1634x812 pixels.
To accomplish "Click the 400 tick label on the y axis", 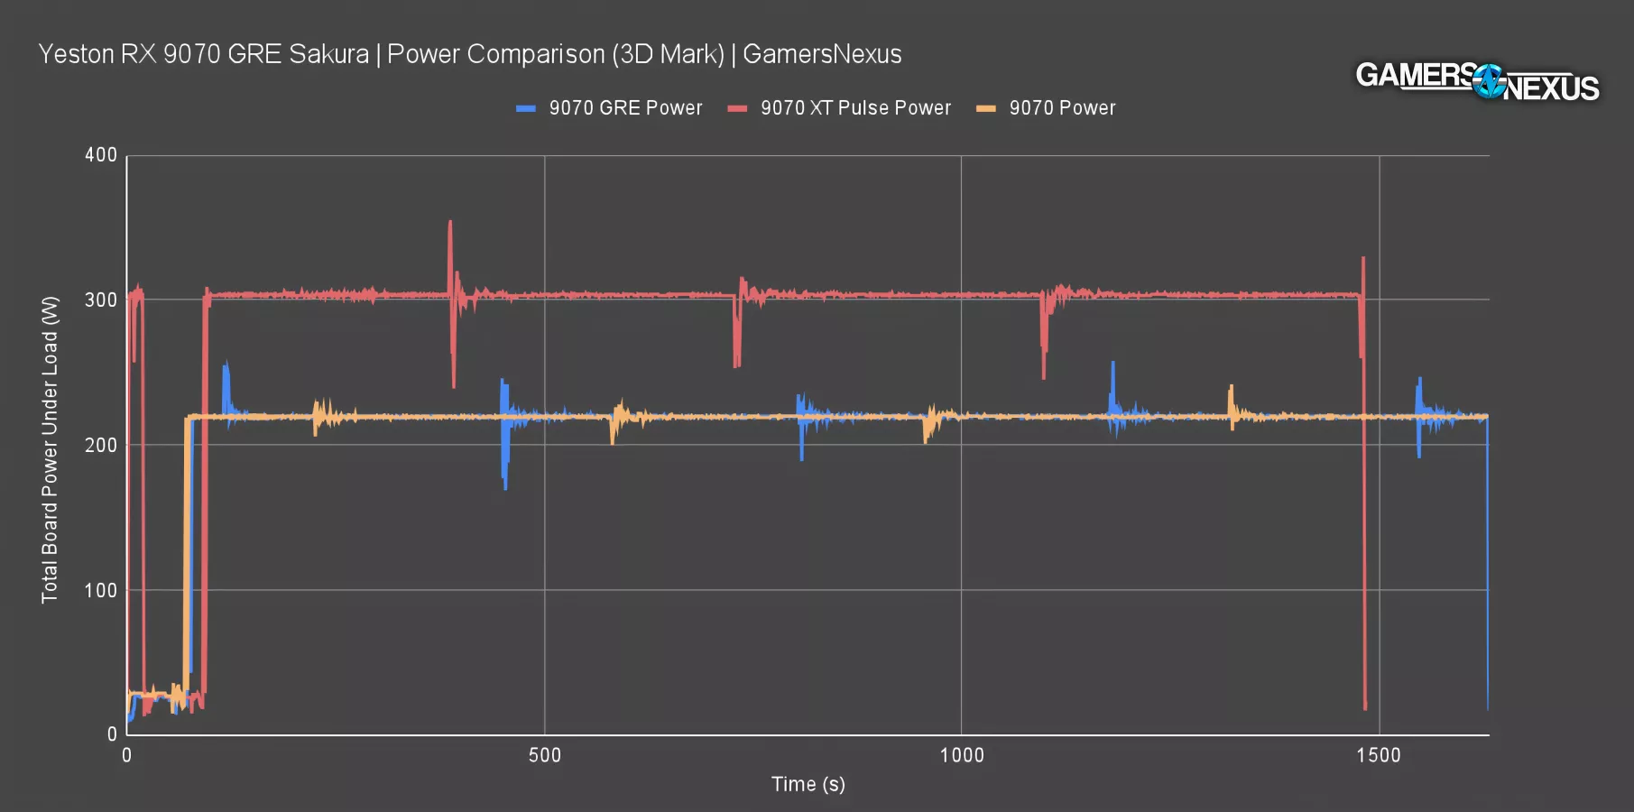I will tap(101, 155).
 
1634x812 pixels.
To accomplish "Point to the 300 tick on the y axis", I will tap(101, 300).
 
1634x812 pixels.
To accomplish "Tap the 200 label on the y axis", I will tap(101, 446).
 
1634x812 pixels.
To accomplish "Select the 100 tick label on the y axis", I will tap(101, 591).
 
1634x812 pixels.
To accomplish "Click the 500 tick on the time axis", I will tap(544, 755).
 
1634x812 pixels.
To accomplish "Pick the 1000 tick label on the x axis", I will tap(962, 755).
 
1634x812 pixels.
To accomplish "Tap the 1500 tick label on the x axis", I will tap(1379, 755).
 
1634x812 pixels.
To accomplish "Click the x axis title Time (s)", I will tap(808, 784).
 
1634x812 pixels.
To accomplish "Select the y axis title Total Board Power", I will tap(50, 449).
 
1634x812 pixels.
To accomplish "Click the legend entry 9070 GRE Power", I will tap(624, 108).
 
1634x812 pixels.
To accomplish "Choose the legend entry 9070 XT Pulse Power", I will tap(854, 108).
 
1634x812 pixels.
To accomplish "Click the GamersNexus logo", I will tap(1477, 81).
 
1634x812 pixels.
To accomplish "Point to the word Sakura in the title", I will tap(328, 54).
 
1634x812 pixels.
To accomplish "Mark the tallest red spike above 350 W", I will tap(450, 224).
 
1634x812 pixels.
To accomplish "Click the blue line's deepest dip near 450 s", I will tap(505, 487).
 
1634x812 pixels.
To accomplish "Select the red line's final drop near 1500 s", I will tap(1365, 704).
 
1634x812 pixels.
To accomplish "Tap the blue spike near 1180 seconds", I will tap(1112, 364).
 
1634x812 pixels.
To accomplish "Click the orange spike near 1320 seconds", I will tap(1230, 388).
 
